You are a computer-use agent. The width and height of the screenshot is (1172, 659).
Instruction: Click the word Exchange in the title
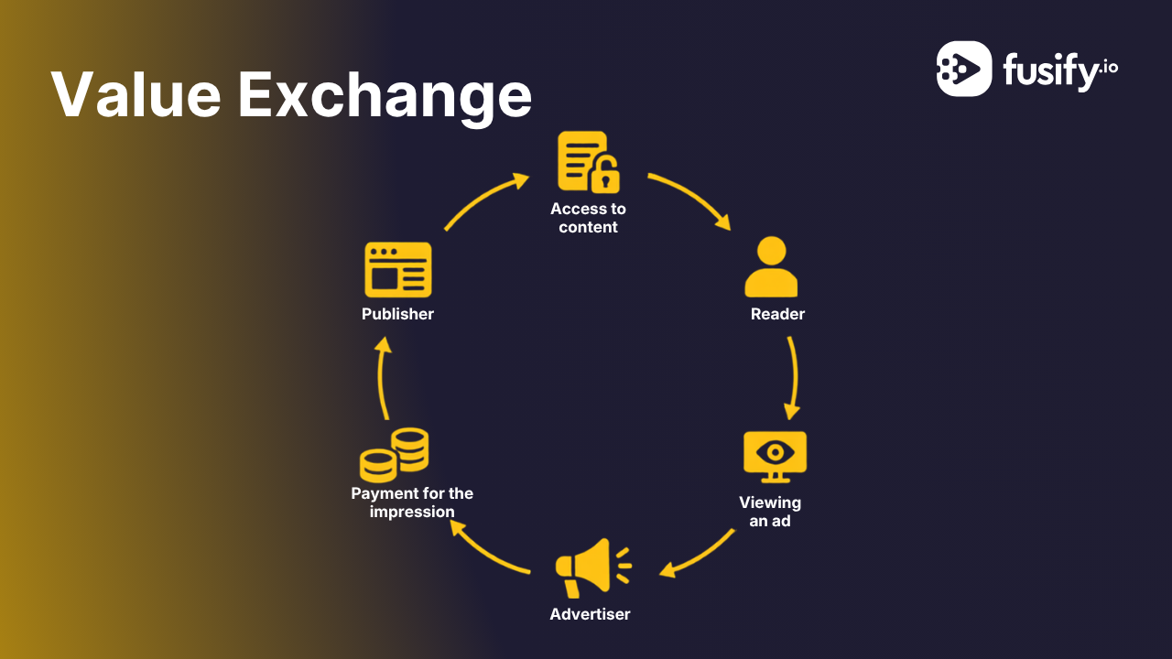385,97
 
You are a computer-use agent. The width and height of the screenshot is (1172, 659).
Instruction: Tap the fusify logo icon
964,69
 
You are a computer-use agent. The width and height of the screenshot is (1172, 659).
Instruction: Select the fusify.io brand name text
1060,71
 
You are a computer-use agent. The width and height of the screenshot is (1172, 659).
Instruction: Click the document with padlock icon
589,162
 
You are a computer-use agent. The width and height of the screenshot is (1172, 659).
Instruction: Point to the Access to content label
588,218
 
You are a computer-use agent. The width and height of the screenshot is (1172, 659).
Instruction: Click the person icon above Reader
771,266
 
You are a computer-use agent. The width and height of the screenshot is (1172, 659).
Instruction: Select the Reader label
777,314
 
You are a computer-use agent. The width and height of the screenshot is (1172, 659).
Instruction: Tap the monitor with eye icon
775,457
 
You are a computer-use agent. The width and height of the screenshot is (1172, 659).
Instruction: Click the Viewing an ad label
770,512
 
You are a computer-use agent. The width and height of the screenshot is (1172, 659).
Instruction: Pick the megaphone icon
593,568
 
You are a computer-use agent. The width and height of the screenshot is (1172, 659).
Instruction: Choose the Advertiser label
590,614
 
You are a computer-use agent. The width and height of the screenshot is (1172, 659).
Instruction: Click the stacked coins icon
394,455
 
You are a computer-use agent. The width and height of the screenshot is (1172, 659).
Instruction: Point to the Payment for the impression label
412,502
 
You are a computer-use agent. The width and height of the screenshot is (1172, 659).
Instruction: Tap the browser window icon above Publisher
398,270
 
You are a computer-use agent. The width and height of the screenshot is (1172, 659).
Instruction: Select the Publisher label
397,314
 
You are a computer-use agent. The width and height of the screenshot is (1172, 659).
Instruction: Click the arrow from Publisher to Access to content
483,197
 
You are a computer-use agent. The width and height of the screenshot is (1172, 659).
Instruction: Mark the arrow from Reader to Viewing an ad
796,376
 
